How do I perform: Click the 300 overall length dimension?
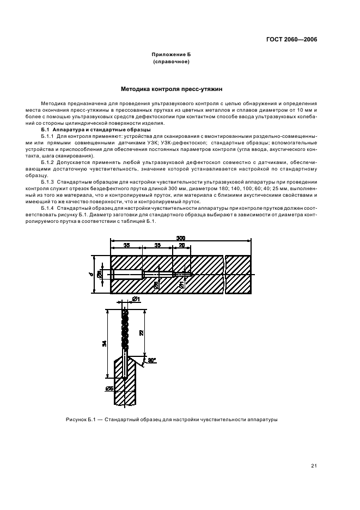180,238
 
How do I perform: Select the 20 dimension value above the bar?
181,246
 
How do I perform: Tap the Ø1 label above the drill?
136,299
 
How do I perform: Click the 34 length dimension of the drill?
105,343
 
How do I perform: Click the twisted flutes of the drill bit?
125,330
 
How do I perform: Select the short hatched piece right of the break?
239,274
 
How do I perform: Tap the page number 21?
314,465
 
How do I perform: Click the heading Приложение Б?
172,55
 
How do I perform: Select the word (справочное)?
172,62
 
